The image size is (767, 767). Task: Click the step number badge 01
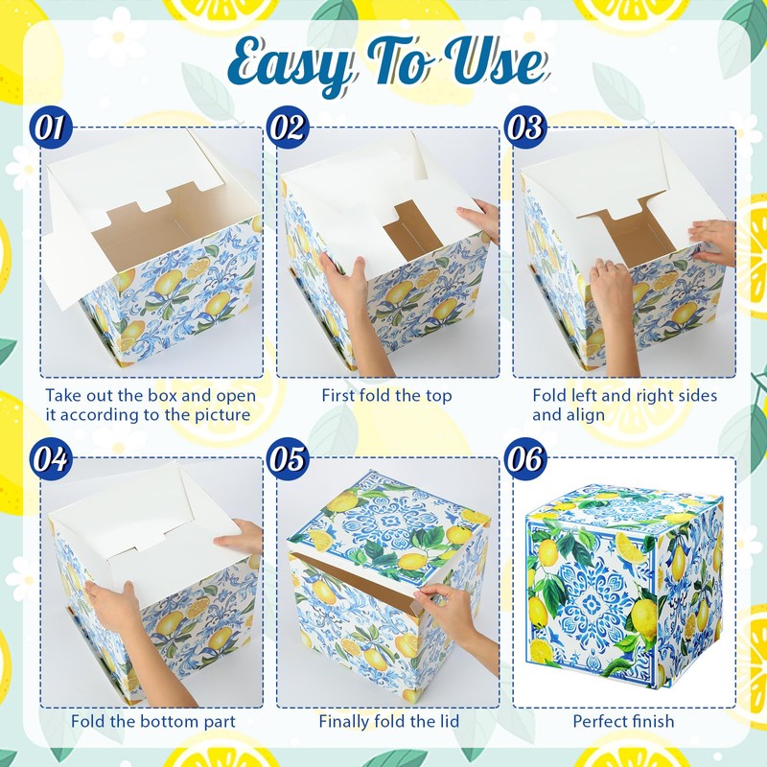(x=51, y=128)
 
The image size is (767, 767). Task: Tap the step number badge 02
(x=289, y=128)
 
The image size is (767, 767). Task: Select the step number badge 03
(x=525, y=128)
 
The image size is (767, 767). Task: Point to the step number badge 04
(x=51, y=459)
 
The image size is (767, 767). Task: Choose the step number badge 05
(x=289, y=459)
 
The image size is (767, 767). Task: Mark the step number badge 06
(x=525, y=459)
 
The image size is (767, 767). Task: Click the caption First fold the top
(x=386, y=395)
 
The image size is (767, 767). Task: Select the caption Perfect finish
(x=623, y=721)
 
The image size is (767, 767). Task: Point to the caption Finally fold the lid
(x=389, y=721)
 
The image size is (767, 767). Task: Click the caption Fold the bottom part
(x=153, y=722)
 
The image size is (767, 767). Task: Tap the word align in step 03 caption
(x=568, y=415)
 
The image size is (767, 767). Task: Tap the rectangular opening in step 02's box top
(x=407, y=224)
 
